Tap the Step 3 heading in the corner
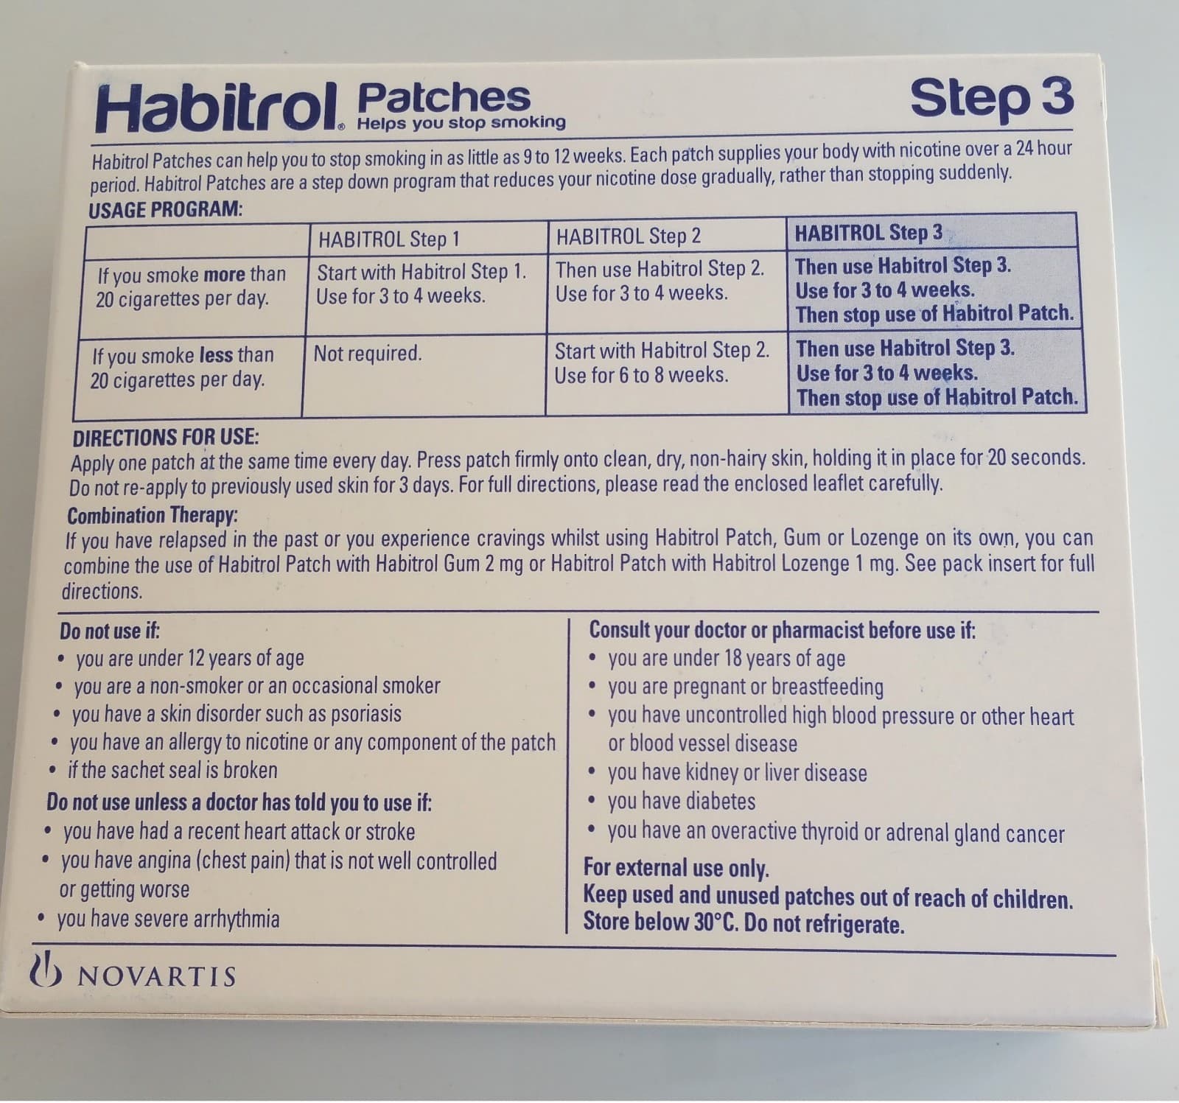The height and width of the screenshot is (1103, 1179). tap(991, 97)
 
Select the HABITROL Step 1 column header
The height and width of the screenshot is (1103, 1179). tap(389, 239)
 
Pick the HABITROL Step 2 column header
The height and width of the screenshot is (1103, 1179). tap(628, 237)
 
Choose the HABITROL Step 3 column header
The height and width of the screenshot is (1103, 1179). tap(868, 233)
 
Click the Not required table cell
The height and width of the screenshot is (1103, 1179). tap(368, 354)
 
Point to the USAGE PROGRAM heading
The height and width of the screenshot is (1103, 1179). tap(165, 209)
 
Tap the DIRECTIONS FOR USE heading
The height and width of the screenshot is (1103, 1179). tap(165, 437)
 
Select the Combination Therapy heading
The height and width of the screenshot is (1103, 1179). tap(152, 515)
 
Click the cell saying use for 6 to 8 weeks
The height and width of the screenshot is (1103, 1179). tap(641, 375)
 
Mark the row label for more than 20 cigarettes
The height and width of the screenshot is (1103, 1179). tap(190, 287)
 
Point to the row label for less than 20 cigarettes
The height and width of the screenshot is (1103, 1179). tap(181, 368)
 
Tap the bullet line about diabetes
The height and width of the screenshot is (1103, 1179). tap(681, 801)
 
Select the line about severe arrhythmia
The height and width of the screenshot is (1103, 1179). tap(168, 919)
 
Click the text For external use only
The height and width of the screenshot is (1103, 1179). tap(676, 867)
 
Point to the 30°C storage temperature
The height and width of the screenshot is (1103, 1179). tap(715, 922)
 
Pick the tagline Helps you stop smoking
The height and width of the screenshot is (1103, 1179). tap(461, 123)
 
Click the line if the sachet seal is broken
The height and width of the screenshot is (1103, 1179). tap(172, 770)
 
